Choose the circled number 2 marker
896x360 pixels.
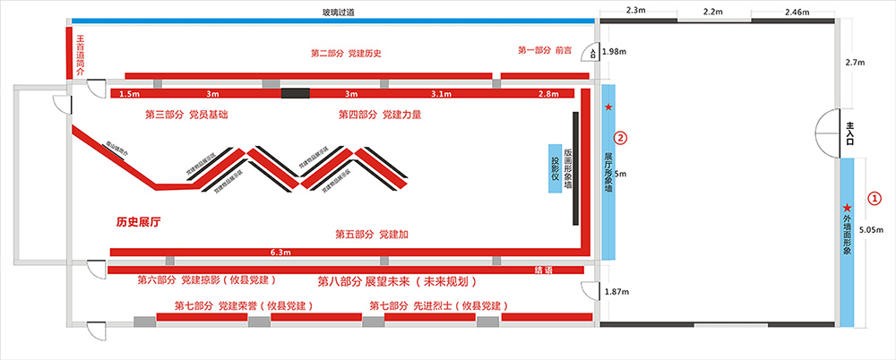pos(618,139)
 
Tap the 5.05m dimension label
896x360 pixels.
pos(871,230)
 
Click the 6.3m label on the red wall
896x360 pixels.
pos(280,253)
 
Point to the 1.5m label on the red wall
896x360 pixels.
pos(129,93)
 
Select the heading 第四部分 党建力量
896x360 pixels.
pos(380,115)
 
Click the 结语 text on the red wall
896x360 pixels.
pos(545,269)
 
